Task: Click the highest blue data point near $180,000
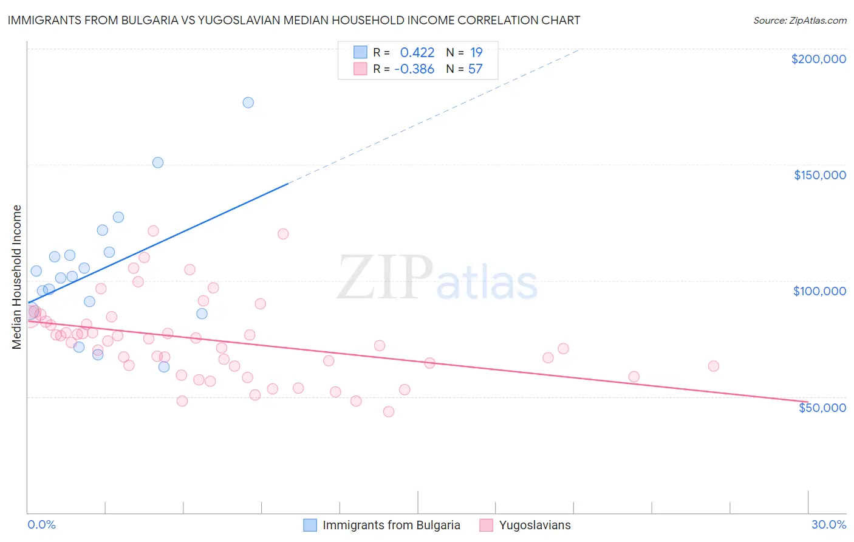point(248,103)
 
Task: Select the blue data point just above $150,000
point(158,163)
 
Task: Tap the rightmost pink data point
point(714,366)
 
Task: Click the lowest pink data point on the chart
point(389,412)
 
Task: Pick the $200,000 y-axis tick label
point(818,59)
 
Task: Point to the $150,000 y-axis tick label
point(819,175)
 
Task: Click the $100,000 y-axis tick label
point(819,291)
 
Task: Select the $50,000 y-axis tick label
point(822,408)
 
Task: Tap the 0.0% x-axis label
point(41,525)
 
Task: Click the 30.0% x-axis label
point(828,525)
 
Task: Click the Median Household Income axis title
point(17,277)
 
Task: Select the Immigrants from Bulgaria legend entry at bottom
point(391,526)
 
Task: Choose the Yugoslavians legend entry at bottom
point(535,526)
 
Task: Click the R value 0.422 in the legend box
point(417,53)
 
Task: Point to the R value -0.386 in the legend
point(414,69)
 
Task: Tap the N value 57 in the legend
point(475,69)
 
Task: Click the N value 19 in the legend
point(476,53)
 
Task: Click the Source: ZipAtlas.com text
point(799,21)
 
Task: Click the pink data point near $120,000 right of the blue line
point(283,234)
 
